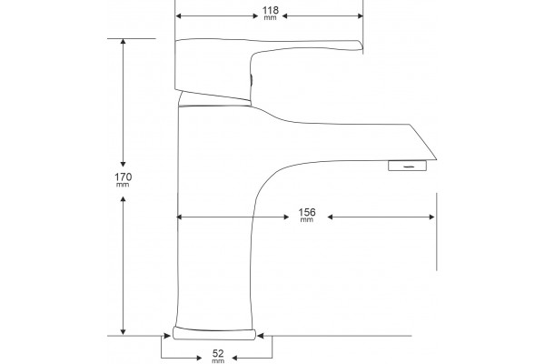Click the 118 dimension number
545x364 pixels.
(x=271, y=10)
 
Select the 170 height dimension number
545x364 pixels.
(x=123, y=177)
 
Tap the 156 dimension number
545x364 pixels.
(x=307, y=212)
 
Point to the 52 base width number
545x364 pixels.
(x=218, y=354)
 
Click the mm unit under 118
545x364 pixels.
(x=270, y=18)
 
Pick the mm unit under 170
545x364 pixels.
(x=123, y=185)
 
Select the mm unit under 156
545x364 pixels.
(x=307, y=220)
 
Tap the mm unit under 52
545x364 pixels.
(x=218, y=361)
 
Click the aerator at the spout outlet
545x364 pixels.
(x=407, y=166)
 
